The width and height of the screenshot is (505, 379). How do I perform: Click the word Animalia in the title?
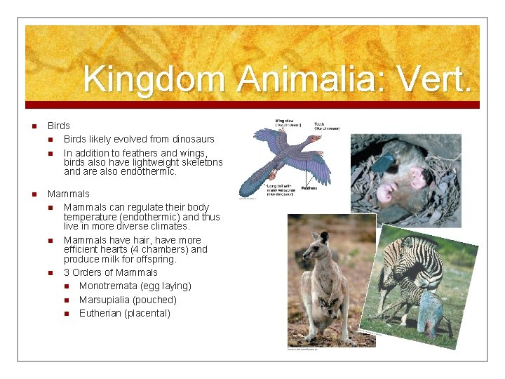(x=311, y=79)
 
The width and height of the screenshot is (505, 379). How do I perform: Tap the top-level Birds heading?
(x=59, y=126)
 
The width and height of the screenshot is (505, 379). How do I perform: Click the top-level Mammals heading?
(x=69, y=194)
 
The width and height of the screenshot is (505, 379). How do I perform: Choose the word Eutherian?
(x=100, y=313)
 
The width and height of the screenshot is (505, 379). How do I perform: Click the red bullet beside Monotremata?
(x=66, y=286)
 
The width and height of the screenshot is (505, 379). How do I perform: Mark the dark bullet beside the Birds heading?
(x=33, y=126)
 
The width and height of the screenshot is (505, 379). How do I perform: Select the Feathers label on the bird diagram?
(x=309, y=187)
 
